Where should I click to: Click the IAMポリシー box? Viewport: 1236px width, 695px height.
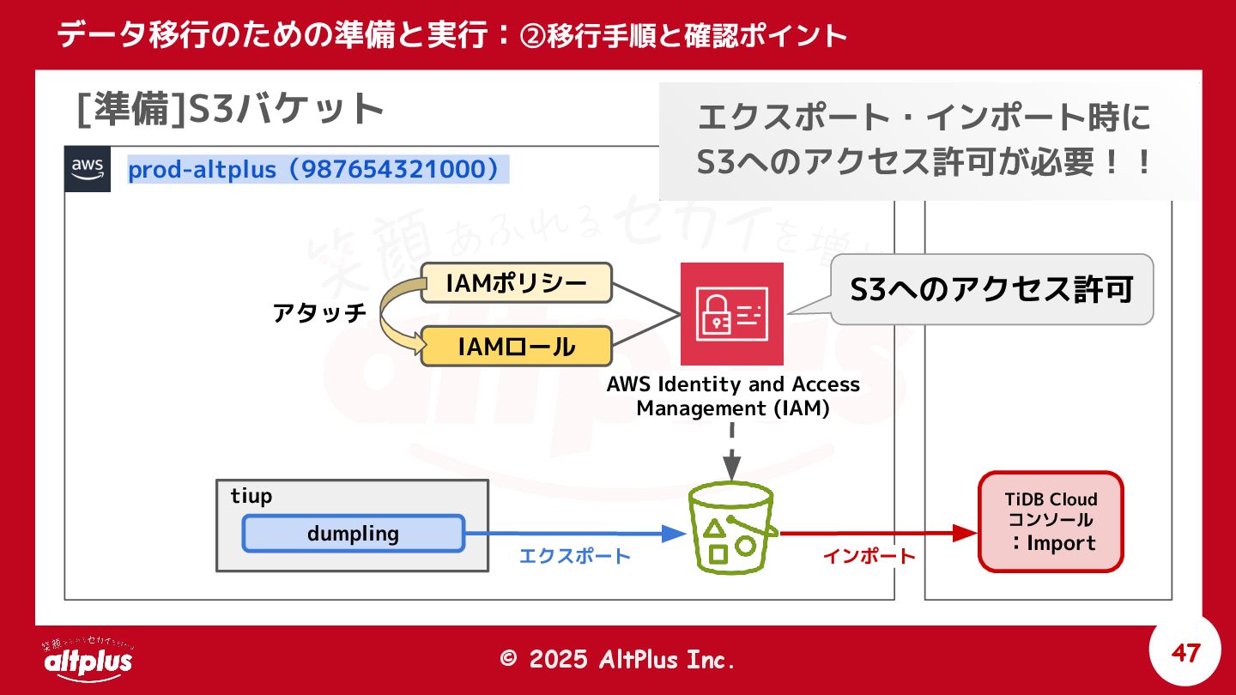(x=516, y=283)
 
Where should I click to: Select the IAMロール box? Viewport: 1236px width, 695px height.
(x=516, y=347)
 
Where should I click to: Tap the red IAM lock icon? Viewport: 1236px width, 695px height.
(x=731, y=314)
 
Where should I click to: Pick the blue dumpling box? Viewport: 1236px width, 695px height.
(x=353, y=533)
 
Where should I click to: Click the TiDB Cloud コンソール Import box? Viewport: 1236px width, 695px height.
(x=1051, y=522)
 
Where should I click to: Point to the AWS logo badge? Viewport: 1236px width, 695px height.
(x=88, y=169)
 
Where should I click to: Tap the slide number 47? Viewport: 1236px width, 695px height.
(x=1185, y=654)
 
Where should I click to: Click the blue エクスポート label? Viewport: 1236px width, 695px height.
(x=574, y=556)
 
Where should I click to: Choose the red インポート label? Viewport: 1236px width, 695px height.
(x=869, y=556)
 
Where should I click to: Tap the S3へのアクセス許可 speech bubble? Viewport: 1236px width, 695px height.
(x=991, y=290)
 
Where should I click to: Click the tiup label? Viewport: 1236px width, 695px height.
(x=251, y=496)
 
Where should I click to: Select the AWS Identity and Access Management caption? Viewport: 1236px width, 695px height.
(x=732, y=396)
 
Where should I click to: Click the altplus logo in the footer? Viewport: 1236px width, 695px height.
(x=88, y=658)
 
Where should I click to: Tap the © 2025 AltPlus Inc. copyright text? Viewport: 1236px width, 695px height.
(x=618, y=659)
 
